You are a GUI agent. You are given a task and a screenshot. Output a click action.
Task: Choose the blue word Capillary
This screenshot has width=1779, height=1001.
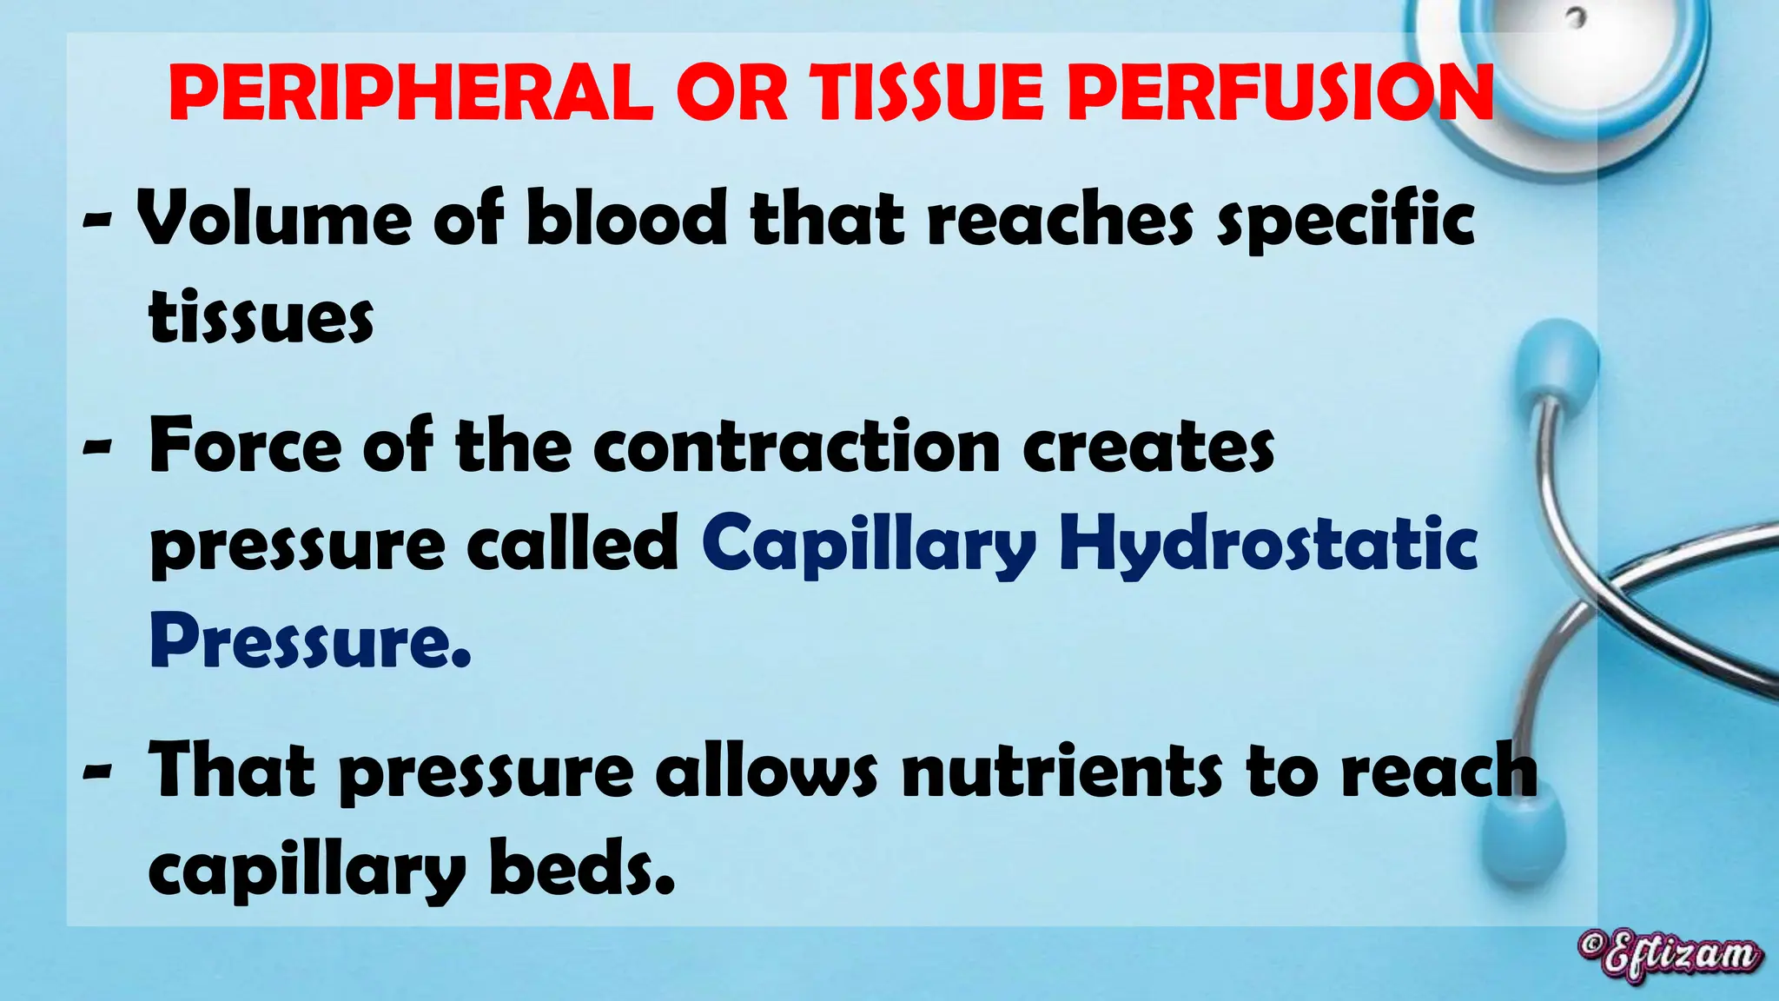point(870,546)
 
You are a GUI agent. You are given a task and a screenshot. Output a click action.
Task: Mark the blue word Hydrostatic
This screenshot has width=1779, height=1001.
point(1268,546)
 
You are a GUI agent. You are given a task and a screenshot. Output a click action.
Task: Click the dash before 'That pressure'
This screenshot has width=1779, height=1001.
point(97,770)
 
